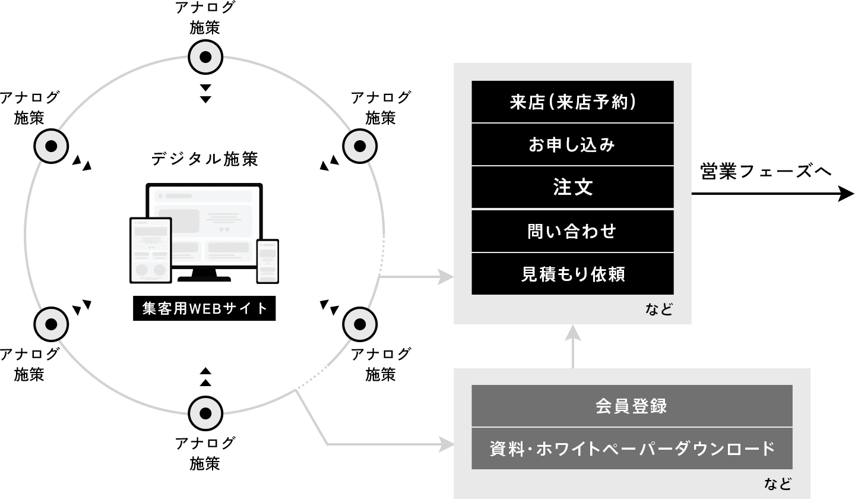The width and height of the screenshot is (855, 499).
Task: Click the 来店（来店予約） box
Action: pyautogui.click(x=572, y=102)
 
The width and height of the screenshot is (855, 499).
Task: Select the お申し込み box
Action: pyautogui.click(x=572, y=144)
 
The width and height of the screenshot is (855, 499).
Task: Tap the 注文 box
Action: pyautogui.click(x=572, y=188)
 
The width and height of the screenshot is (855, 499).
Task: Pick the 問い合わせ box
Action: pyautogui.click(x=572, y=230)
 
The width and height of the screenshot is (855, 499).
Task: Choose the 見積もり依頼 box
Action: pyautogui.click(x=572, y=274)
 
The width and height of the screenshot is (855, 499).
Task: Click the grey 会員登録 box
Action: pyautogui.click(x=632, y=406)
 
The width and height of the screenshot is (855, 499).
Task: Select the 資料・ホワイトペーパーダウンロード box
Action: pyautogui.click(x=632, y=449)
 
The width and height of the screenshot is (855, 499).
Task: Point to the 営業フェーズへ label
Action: pyautogui.click(x=766, y=172)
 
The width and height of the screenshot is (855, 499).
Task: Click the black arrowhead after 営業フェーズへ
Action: pyautogui.click(x=845, y=194)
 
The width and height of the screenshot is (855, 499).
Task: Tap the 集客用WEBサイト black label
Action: pyautogui.click(x=204, y=309)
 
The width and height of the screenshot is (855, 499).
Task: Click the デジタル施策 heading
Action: pyautogui.click(x=204, y=159)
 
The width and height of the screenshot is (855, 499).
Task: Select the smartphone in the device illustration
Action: pyautogui.click(x=267, y=261)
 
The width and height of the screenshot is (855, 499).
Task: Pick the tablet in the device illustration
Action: pyautogui.click(x=151, y=249)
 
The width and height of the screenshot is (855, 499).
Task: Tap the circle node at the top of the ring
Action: pyautogui.click(x=205, y=58)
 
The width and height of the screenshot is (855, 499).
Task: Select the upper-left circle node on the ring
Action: pyautogui.click(x=51, y=146)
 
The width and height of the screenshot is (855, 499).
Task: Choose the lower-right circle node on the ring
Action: pyautogui.click(x=360, y=324)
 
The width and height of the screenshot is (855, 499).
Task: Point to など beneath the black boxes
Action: pyautogui.click(x=659, y=309)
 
